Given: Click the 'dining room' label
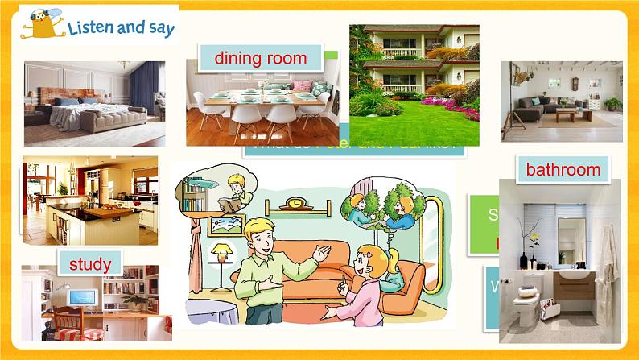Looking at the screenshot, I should point(260,58).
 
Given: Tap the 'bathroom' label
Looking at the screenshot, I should point(563,169).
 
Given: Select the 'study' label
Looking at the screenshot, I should point(90,263).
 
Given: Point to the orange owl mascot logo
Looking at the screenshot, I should point(40,23).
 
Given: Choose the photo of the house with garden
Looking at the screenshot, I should point(414,72).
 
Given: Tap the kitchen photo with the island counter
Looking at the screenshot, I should point(89,200).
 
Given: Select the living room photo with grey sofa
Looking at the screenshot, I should point(560,96).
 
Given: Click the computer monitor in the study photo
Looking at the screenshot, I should point(81,297).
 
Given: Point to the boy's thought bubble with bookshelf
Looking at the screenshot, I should point(216,194).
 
